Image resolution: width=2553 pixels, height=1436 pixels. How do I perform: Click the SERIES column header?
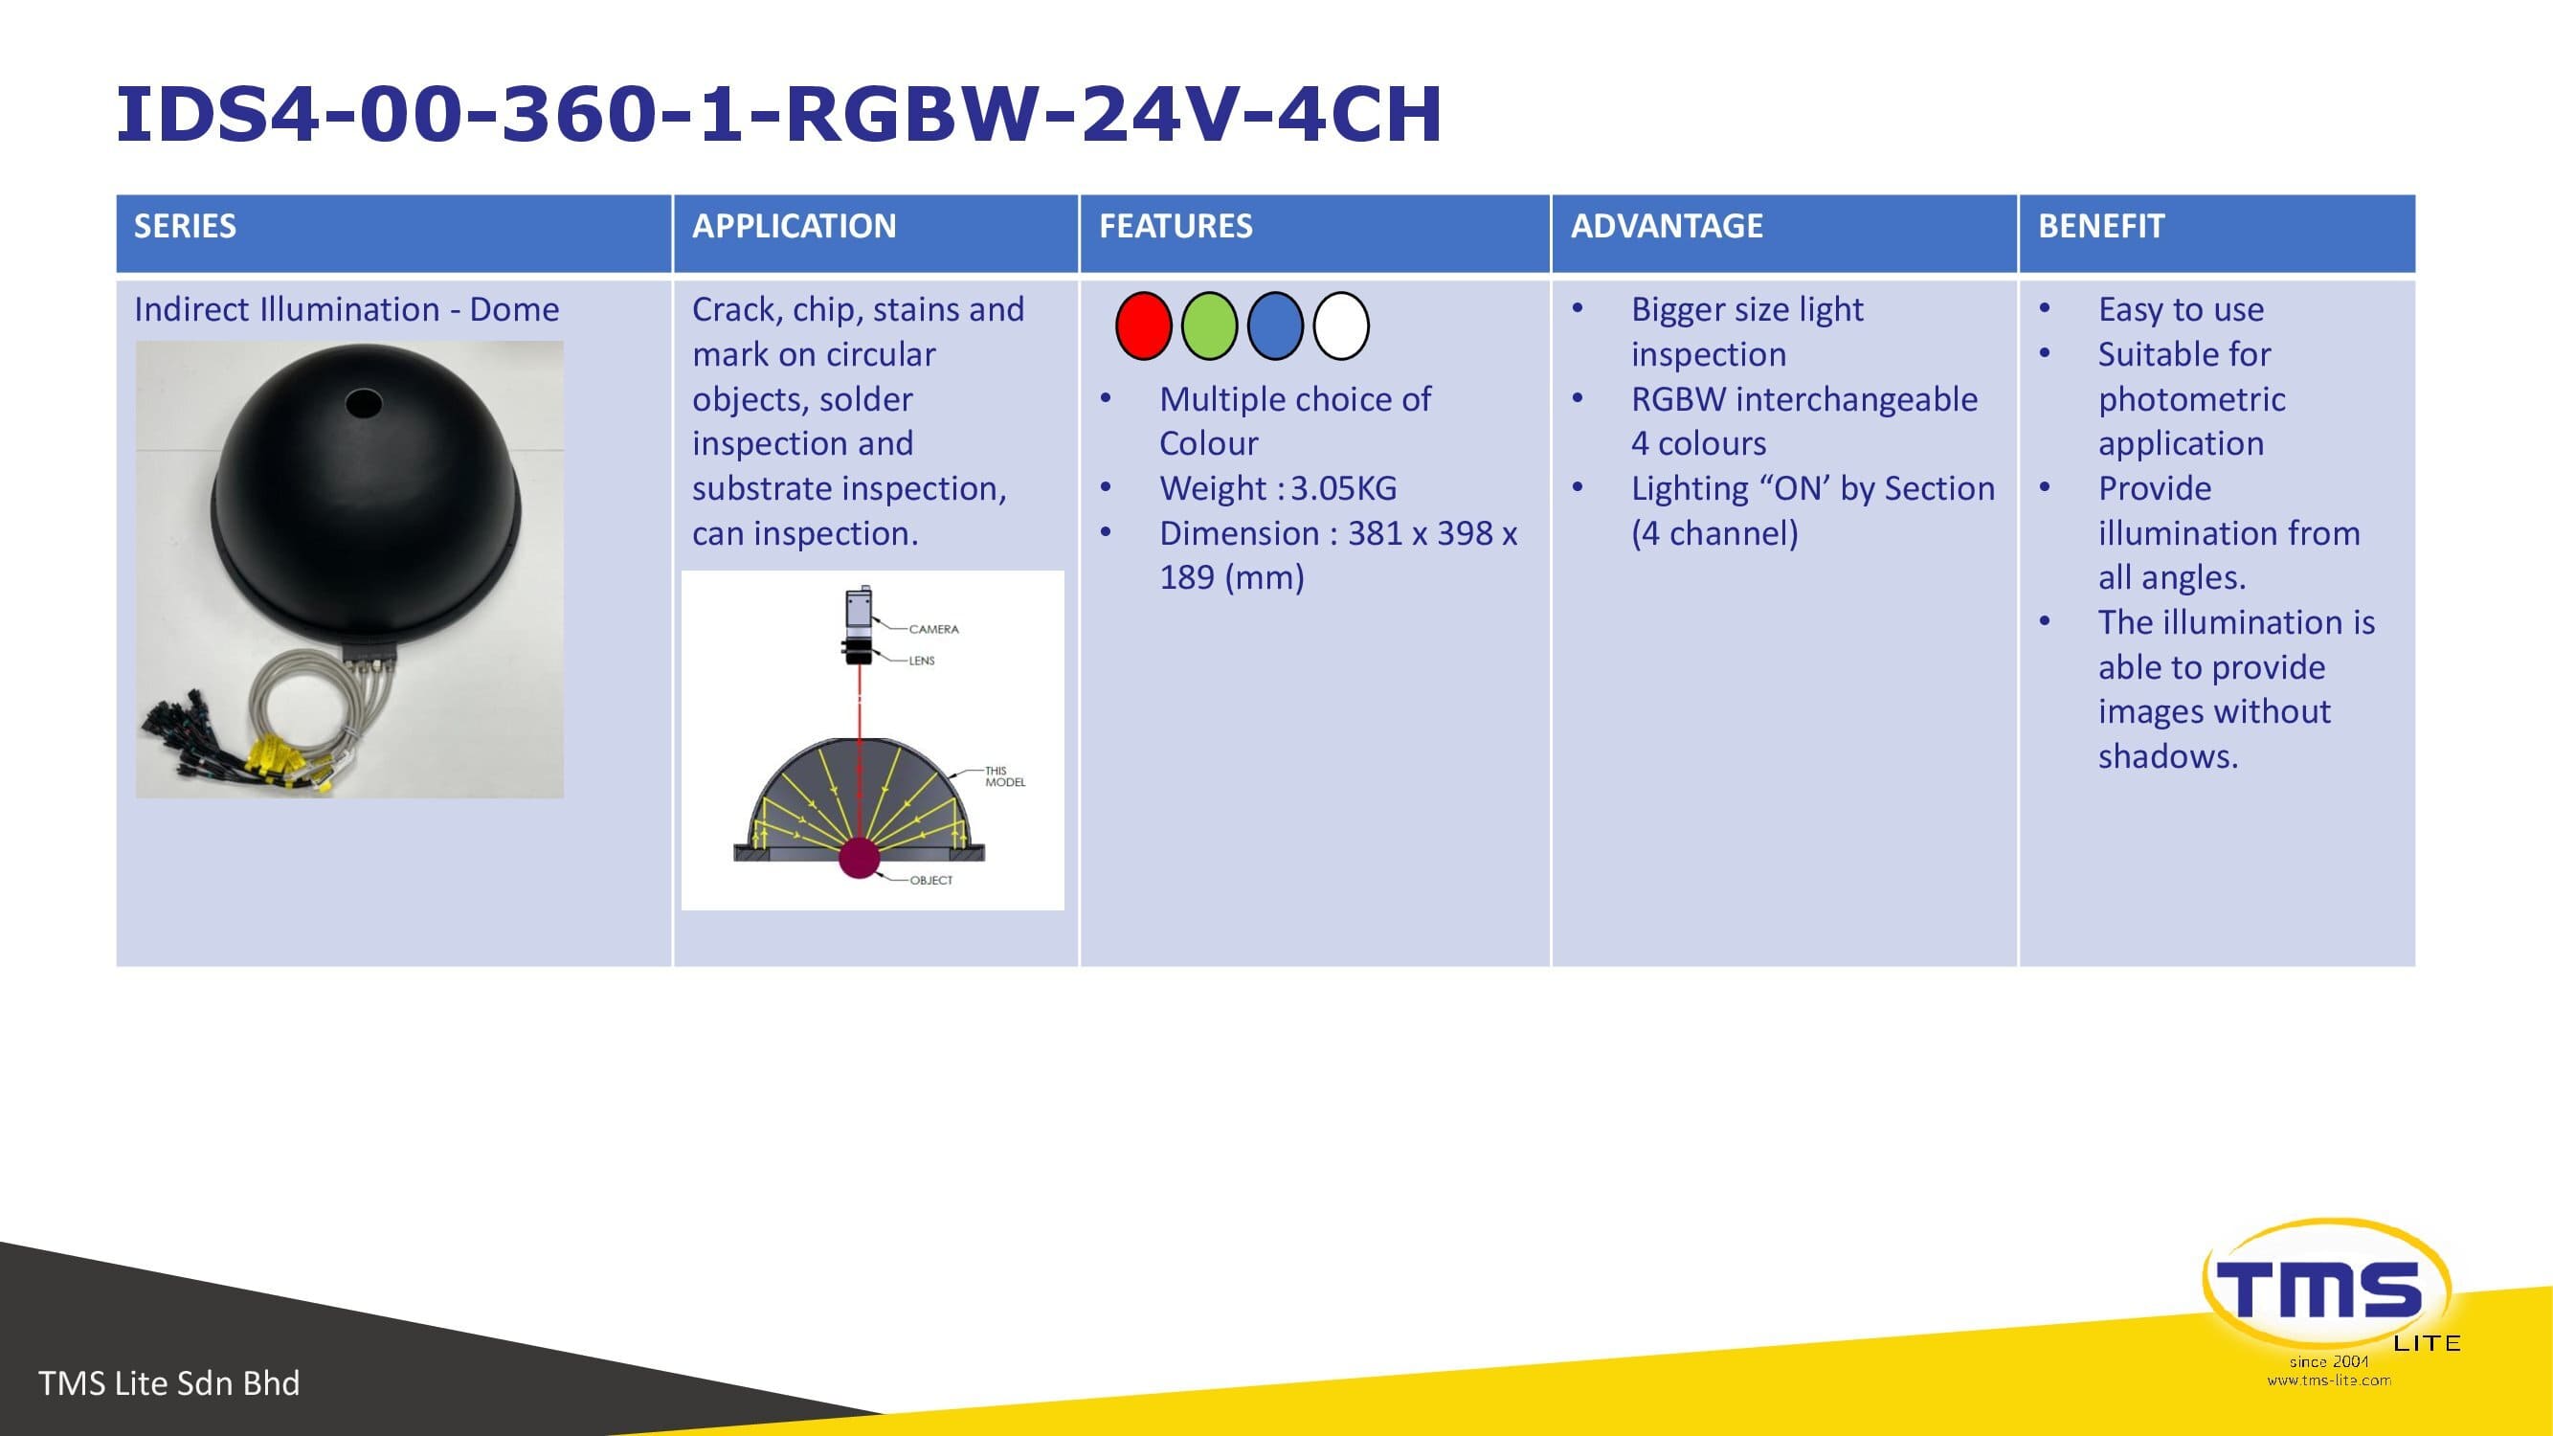click(186, 226)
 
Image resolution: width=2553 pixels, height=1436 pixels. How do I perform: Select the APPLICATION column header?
click(794, 226)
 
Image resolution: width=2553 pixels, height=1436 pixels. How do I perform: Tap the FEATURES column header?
click(1176, 226)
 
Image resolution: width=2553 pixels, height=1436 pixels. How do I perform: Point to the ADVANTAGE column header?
click(1667, 226)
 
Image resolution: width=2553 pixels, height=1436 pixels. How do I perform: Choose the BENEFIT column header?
click(2101, 226)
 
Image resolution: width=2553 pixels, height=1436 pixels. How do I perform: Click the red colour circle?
click(1144, 326)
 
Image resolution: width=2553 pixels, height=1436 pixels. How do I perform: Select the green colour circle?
click(1210, 326)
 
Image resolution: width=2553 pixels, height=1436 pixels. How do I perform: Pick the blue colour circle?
click(1275, 326)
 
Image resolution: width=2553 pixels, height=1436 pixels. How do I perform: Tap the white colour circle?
click(1341, 326)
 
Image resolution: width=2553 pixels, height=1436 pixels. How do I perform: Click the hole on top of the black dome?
click(363, 403)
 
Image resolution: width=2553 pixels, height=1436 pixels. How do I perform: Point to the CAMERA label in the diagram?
click(933, 629)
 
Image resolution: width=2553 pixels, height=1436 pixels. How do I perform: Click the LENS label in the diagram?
click(922, 661)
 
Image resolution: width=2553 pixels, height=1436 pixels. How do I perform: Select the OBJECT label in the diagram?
click(931, 880)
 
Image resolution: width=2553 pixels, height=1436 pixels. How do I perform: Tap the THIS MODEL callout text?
click(1005, 776)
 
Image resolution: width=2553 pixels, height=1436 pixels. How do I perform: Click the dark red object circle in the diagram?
click(860, 857)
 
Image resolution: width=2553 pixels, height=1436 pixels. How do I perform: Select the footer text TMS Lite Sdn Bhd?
click(168, 1382)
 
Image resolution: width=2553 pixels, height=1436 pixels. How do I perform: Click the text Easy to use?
click(2182, 310)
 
